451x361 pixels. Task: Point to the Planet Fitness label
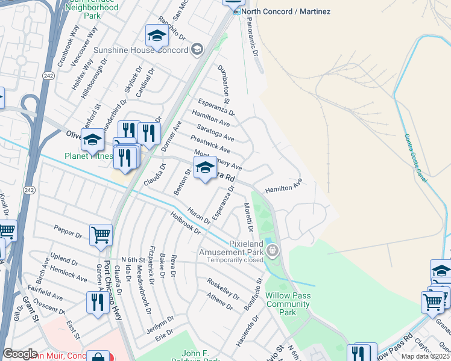[89, 156]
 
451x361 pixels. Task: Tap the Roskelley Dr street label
[223, 288]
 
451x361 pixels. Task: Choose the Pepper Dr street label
[67, 232]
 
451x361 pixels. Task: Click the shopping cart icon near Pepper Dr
[101, 235]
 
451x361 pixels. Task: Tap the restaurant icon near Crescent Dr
[96, 301]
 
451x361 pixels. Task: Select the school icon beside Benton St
[205, 168]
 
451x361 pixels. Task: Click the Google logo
[20, 354]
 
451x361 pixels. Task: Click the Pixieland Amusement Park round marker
[273, 249]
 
